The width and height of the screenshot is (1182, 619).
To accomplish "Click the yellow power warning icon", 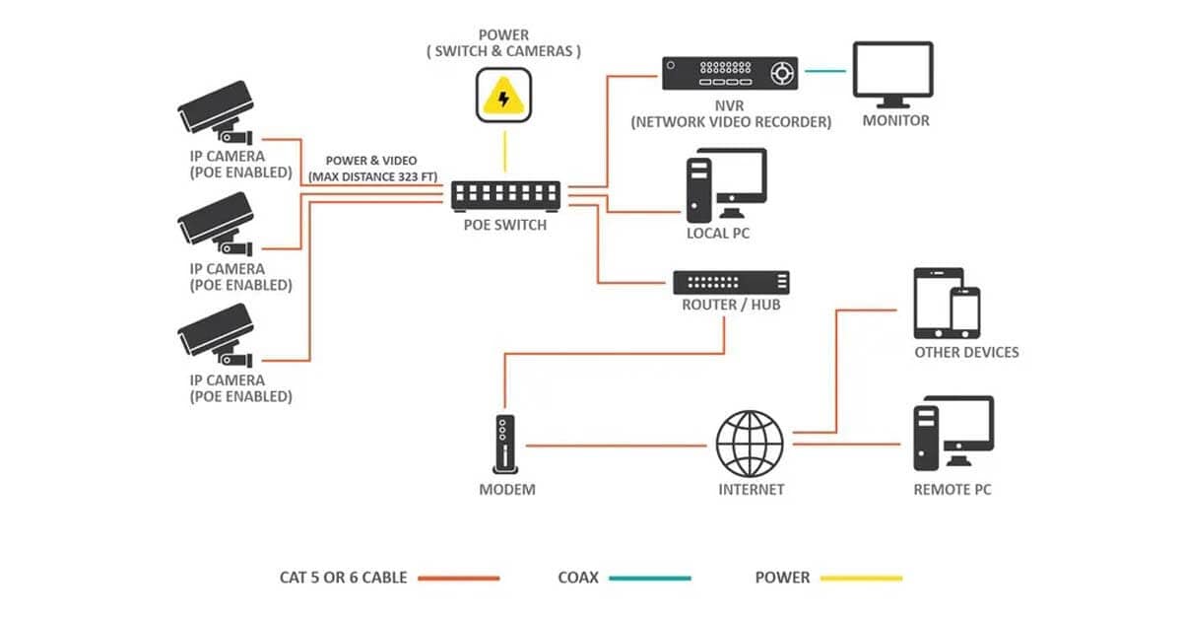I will (x=504, y=95).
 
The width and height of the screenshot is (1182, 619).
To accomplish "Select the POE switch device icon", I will (x=506, y=194).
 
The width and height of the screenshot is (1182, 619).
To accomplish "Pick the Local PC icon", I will (x=726, y=184).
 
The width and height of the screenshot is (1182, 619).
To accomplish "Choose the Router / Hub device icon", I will (x=731, y=282).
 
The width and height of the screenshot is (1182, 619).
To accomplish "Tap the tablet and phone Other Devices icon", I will (x=947, y=302).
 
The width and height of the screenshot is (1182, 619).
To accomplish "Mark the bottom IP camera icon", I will (x=216, y=335).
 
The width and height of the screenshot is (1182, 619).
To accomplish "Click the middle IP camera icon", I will (x=216, y=224).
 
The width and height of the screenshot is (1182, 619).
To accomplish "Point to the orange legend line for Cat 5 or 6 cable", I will (x=458, y=578).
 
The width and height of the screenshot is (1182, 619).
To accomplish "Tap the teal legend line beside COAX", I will (x=649, y=578).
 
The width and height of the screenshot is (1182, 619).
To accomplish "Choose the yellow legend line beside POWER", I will (x=857, y=578).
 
